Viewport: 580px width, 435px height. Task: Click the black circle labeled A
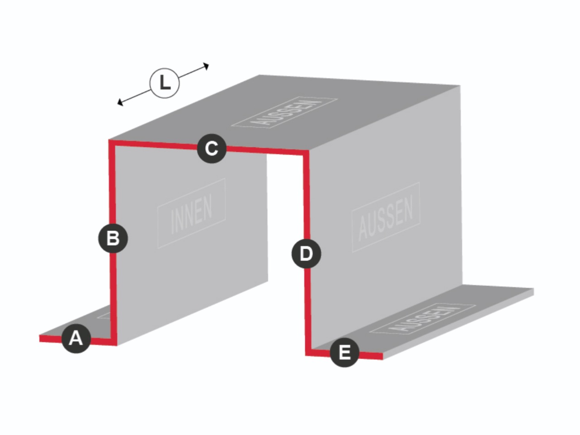[77, 338]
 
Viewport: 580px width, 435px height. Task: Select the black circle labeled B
[113, 238]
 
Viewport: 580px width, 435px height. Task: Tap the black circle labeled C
[212, 149]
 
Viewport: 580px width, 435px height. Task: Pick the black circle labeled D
[306, 254]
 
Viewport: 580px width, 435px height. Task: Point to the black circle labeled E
[344, 353]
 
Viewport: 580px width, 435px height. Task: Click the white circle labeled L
[164, 83]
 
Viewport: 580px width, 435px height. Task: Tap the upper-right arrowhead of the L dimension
[206, 66]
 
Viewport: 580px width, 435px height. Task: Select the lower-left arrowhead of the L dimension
[120, 102]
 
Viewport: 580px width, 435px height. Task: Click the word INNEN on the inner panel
[192, 214]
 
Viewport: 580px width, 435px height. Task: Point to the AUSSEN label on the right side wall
[386, 217]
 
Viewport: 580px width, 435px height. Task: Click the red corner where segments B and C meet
[111, 142]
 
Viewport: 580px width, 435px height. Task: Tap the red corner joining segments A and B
[114, 342]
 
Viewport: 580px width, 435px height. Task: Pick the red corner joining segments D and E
[309, 353]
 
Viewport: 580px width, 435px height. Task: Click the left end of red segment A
[40, 338]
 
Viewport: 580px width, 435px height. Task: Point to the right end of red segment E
[382, 356]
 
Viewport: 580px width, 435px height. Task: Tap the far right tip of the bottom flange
[533, 291]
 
